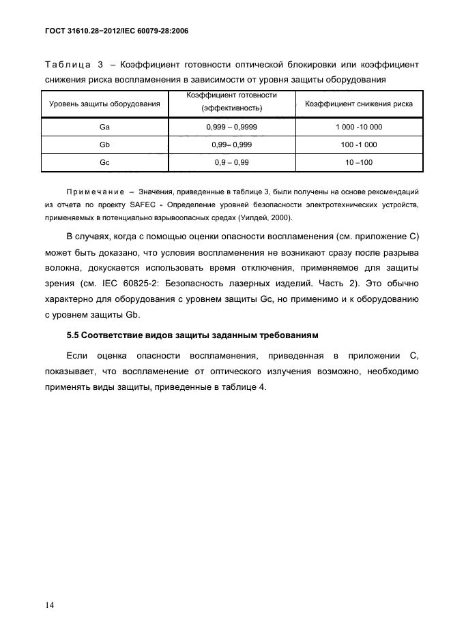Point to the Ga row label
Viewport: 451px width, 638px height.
[104, 127]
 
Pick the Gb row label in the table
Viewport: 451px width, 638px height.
[104, 145]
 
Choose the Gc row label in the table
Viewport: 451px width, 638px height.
[104, 163]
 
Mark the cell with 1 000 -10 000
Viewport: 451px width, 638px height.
[359, 127]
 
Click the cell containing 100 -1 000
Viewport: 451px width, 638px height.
[359, 145]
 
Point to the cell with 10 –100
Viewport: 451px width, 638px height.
[359, 163]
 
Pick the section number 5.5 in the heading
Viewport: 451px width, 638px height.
[74, 336]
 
